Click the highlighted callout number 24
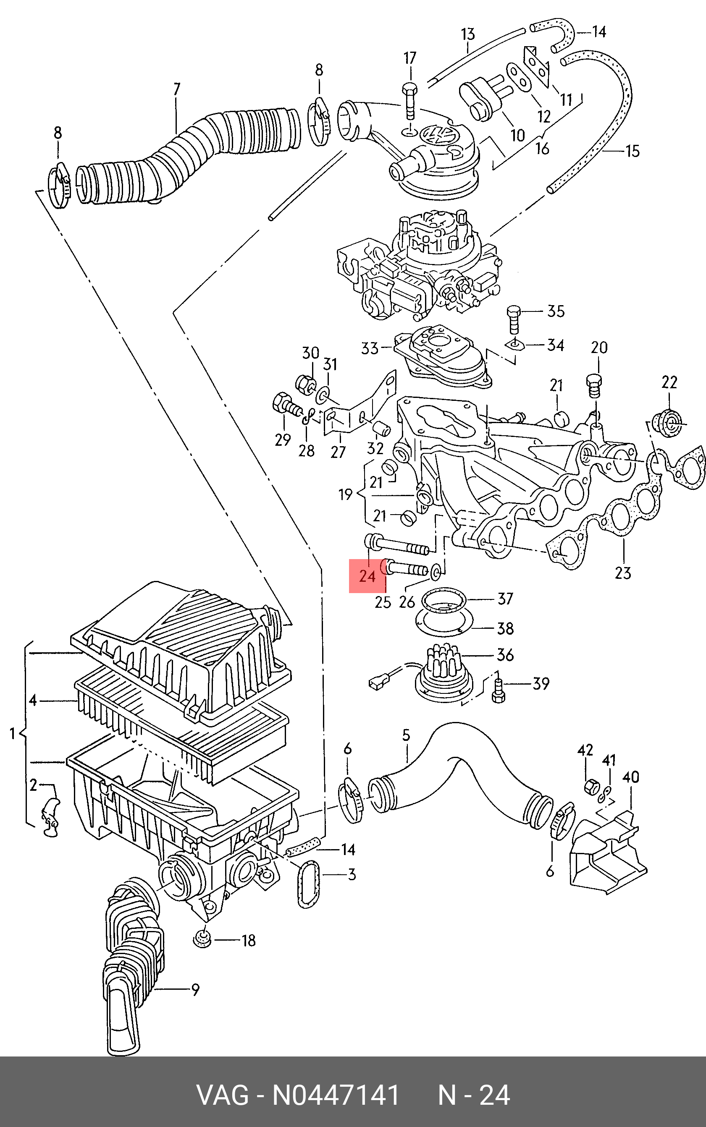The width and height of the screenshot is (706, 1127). [x=367, y=576]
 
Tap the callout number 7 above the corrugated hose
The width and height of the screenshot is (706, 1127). [x=176, y=89]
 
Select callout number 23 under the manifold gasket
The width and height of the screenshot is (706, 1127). [x=623, y=573]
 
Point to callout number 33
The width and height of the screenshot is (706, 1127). [x=370, y=348]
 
